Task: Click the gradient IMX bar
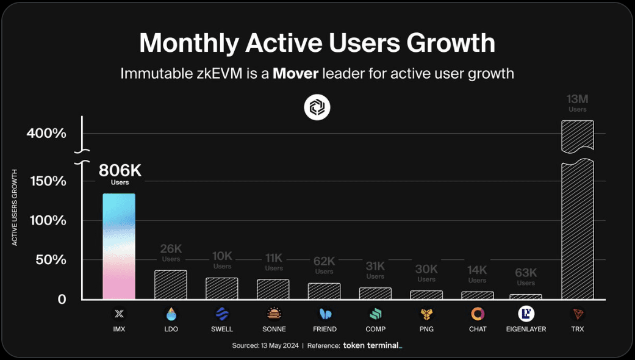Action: click(119, 246)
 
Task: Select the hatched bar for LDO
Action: click(170, 284)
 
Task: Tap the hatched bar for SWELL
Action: click(221, 288)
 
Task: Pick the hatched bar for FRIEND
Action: click(324, 291)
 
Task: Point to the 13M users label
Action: click(577, 103)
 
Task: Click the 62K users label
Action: click(324, 265)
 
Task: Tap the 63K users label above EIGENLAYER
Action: click(526, 276)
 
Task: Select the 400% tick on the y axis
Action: click(46, 133)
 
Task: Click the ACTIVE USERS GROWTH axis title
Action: click(15, 207)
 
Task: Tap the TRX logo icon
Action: click(577, 314)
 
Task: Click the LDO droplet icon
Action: click(171, 314)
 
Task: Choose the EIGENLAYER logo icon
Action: click(526, 314)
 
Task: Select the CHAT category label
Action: click(478, 329)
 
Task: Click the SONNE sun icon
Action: click(274, 314)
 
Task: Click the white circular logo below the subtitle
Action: click(317, 108)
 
